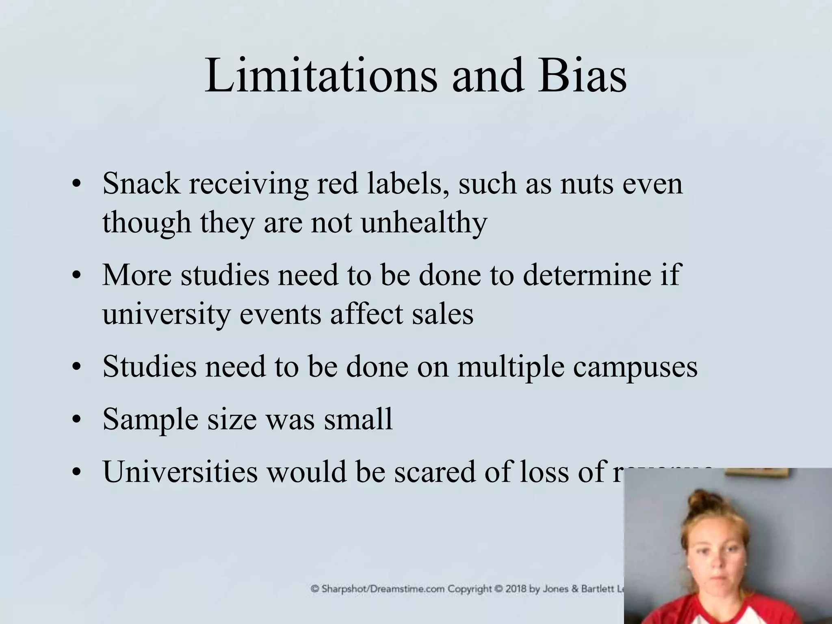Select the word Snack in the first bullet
point(141,184)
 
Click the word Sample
point(150,419)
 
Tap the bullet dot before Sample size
point(75,420)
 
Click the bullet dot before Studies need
point(75,368)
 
